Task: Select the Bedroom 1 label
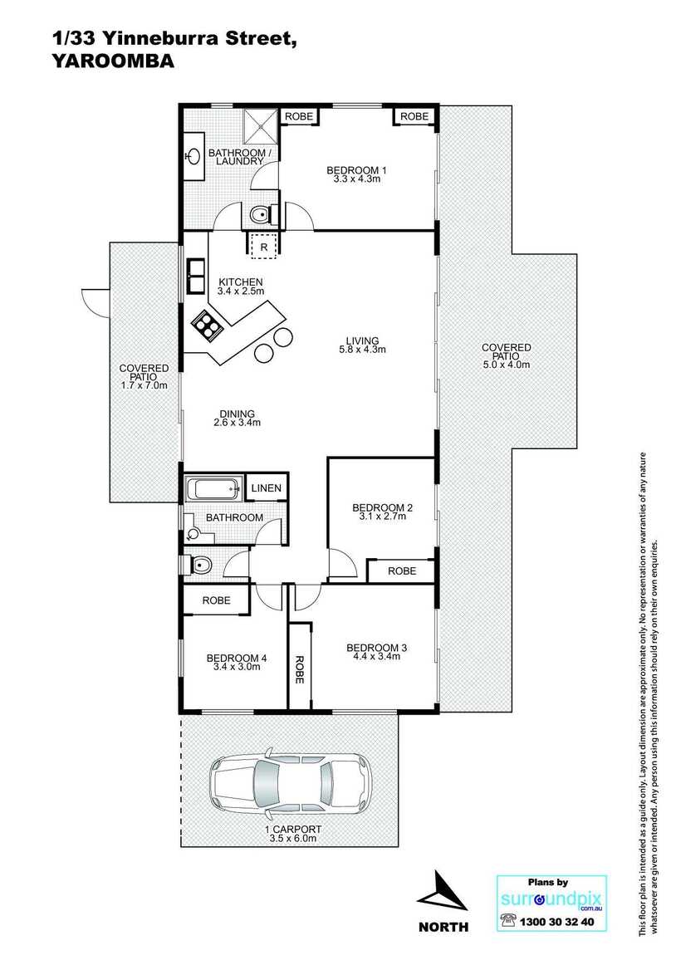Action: (357, 174)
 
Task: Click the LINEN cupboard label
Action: (267, 487)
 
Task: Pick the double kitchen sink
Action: (196, 276)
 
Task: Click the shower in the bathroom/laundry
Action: (261, 126)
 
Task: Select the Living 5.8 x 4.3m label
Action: (362, 345)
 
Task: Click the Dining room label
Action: (237, 419)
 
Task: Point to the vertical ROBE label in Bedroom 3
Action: (300, 669)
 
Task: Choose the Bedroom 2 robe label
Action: (402, 571)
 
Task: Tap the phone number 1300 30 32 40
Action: (556, 922)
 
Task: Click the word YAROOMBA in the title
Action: (113, 61)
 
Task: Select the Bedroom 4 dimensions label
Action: (237, 667)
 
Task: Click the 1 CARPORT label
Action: (293, 830)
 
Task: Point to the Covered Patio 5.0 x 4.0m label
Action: (506, 356)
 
